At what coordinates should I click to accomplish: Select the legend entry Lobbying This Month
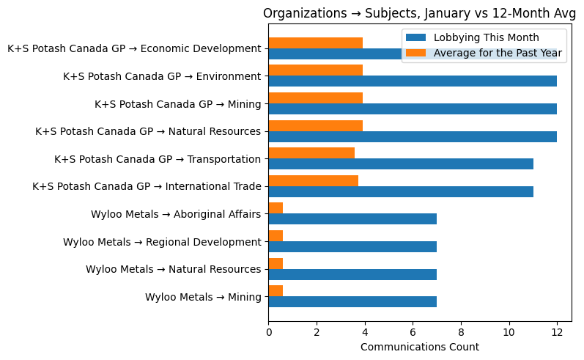click(487, 37)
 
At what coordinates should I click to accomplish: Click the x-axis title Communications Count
click(420, 347)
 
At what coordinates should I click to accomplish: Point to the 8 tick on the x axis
click(461, 331)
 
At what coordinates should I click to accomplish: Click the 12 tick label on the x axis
click(557, 331)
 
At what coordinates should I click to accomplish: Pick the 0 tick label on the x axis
click(269, 331)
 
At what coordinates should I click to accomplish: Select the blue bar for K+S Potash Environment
click(413, 81)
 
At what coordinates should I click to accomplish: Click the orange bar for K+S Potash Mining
click(316, 98)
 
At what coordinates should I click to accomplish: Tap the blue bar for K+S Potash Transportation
click(401, 164)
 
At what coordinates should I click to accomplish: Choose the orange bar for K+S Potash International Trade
click(314, 180)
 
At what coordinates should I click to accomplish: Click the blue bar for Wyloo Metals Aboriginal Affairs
click(352, 219)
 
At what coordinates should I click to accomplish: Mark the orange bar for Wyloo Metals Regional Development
click(276, 235)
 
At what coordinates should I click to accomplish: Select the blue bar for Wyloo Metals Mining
click(352, 301)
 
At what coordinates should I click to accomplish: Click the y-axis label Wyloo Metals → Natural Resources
click(173, 269)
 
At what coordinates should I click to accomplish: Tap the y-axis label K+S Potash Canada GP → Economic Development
click(134, 49)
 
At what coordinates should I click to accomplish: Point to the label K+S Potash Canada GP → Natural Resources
click(148, 131)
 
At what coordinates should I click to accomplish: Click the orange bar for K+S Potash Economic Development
click(316, 43)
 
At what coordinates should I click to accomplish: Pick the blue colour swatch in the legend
click(416, 37)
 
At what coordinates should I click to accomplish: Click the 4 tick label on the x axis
click(365, 331)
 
